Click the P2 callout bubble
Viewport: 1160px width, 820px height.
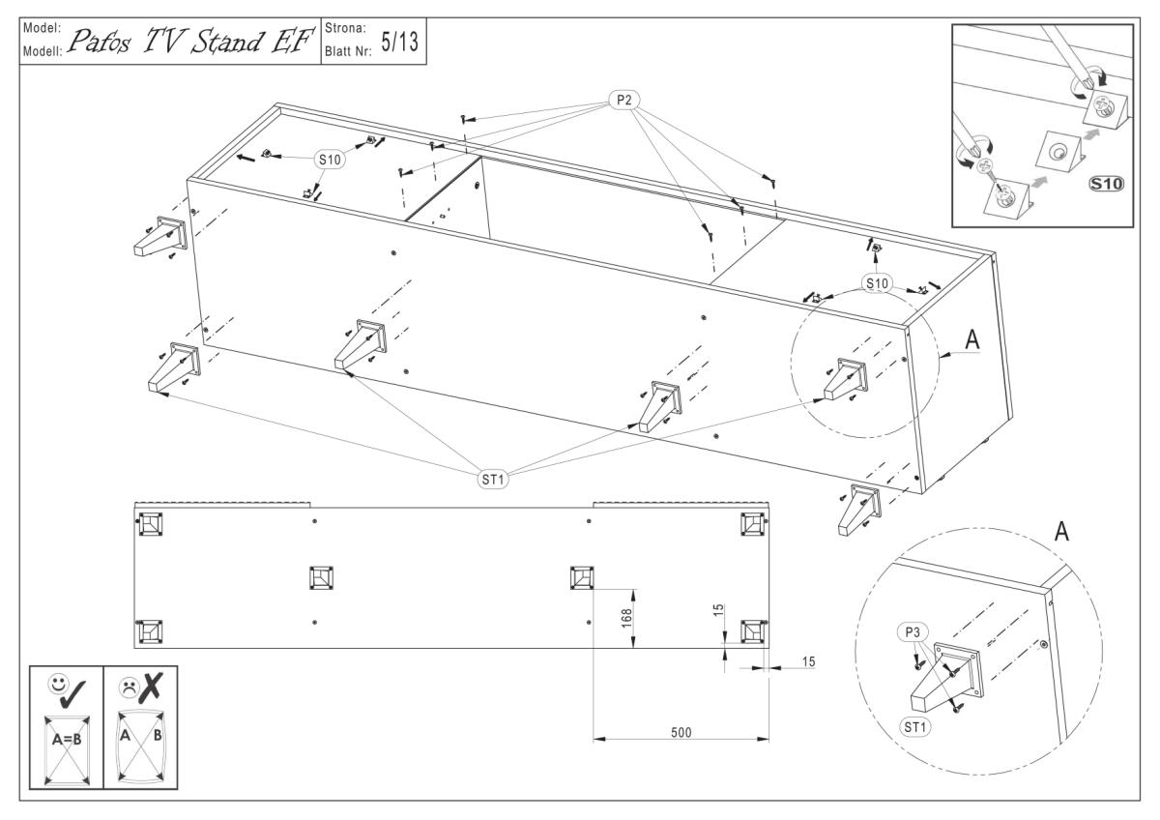pyautogui.click(x=623, y=99)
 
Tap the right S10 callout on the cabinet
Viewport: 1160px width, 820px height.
pyautogui.click(x=878, y=283)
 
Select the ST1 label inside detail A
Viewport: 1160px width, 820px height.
pyautogui.click(x=913, y=723)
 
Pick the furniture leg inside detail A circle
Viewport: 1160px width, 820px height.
pyautogui.click(x=942, y=682)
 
